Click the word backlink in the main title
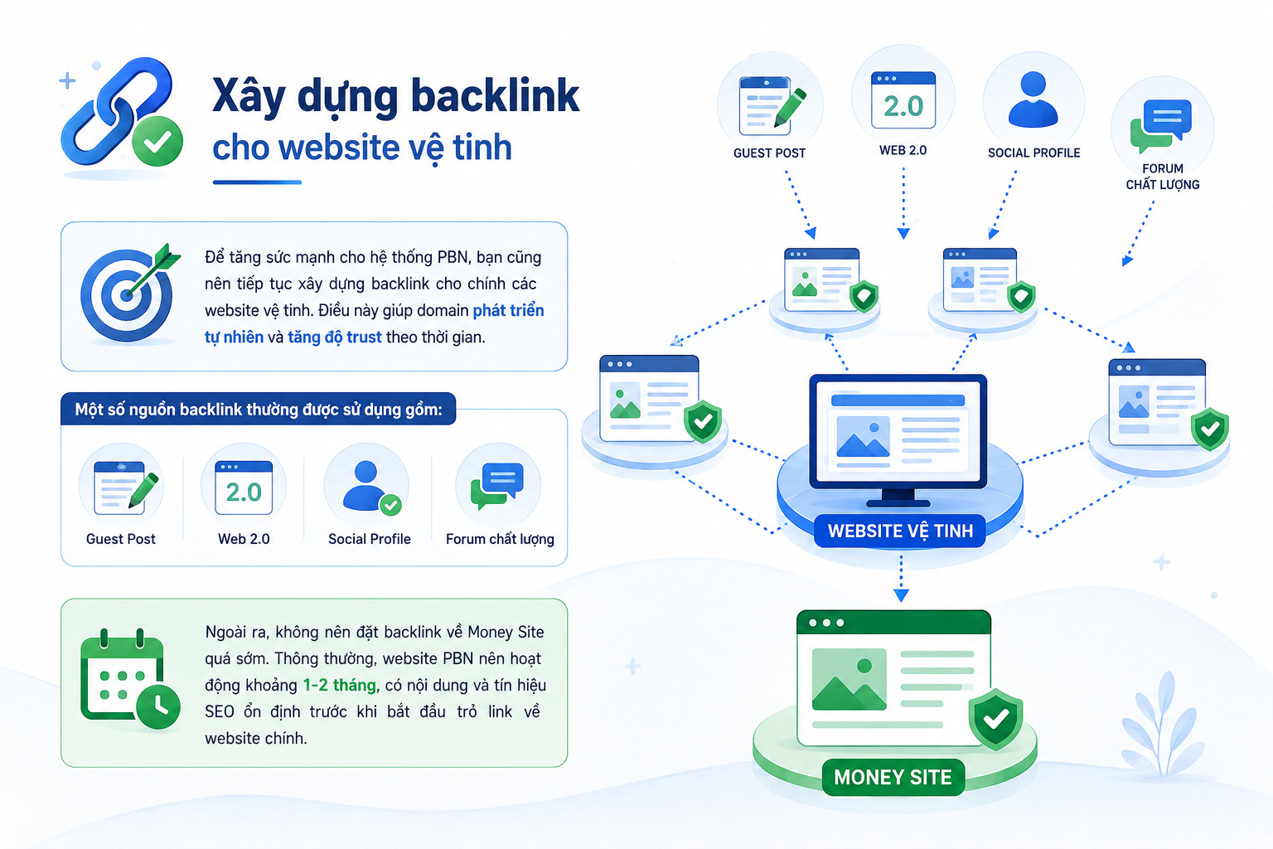(x=495, y=95)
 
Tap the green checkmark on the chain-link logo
(x=157, y=141)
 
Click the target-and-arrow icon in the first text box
(x=130, y=294)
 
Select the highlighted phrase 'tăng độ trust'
(x=334, y=337)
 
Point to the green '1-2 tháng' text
(x=339, y=685)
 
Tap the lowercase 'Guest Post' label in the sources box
(x=120, y=539)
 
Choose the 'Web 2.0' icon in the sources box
(x=243, y=488)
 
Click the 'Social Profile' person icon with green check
(x=370, y=486)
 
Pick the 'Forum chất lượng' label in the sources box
(x=500, y=539)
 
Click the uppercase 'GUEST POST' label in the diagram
(x=769, y=153)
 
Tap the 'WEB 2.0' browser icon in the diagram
(x=903, y=100)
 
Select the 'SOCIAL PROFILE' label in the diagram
(x=1033, y=153)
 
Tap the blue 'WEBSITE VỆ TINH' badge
(x=900, y=531)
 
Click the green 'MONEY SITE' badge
(x=893, y=778)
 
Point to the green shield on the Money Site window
(x=995, y=719)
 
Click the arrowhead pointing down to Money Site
(x=901, y=595)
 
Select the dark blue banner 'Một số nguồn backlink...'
(x=258, y=409)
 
